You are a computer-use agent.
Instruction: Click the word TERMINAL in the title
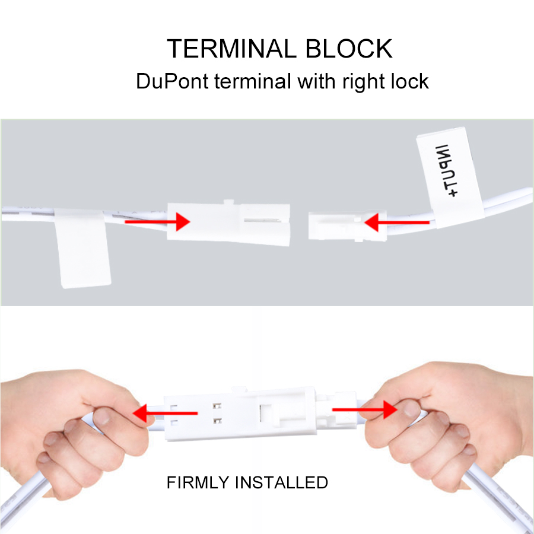coord(231,49)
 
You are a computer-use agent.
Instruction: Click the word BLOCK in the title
coord(349,49)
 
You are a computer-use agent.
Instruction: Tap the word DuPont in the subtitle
coord(172,81)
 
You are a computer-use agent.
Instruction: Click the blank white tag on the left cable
coord(82,248)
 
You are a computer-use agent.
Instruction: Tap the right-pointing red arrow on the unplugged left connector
coord(157,222)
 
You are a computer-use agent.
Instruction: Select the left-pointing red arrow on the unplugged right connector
coord(397,223)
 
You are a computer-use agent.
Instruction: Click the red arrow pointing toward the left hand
coord(165,413)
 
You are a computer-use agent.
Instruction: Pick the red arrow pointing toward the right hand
coord(365,409)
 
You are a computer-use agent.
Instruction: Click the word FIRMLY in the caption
coord(198,482)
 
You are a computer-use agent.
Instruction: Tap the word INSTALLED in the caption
coord(281,482)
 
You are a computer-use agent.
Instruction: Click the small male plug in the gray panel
coord(347,225)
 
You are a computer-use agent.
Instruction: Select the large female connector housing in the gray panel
coord(228,223)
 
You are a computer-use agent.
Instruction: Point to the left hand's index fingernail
coord(102,416)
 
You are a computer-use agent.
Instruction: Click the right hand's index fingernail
coord(411,409)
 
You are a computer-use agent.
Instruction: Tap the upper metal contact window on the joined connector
coord(217,406)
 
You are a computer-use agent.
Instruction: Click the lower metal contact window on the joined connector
coord(217,421)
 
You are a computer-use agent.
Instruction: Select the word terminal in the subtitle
coord(252,81)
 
